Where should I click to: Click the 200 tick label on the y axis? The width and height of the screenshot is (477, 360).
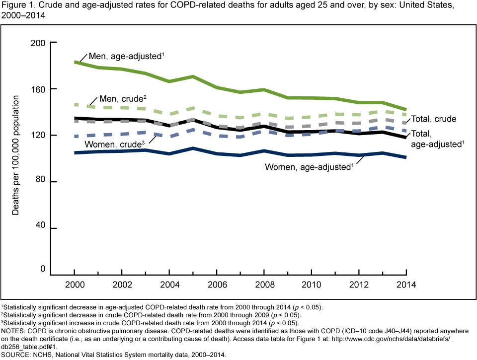pyautogui.click(x=39, y=43)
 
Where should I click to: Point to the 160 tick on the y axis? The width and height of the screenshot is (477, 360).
pyautogui.click(x=39, y=89)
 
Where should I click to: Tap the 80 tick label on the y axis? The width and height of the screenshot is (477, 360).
pyautogui.click(x=41, y=182)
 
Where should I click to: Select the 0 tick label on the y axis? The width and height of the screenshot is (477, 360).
pyautogui.click(x=43, y=269)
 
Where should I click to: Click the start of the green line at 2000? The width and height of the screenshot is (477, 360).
pyautogui.click(x=75, y=62)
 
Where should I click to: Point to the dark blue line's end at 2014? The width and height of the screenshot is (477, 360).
pyautogui.click(x=406, y=157)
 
